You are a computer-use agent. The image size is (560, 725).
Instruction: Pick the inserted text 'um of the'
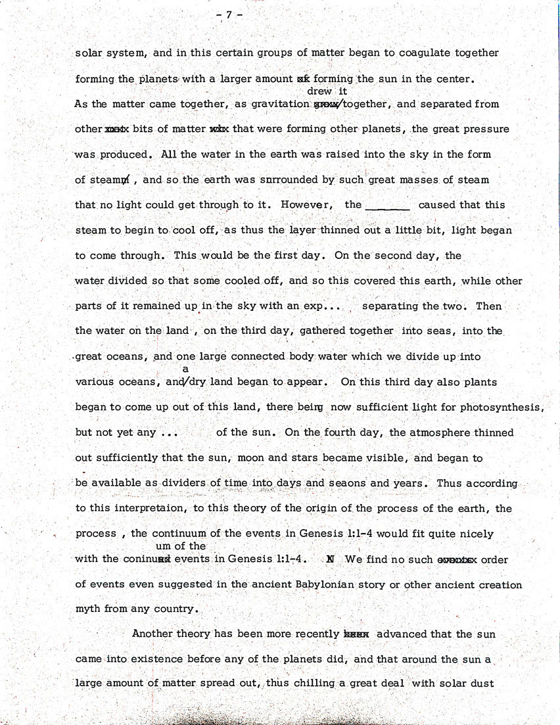[x=180, y=546]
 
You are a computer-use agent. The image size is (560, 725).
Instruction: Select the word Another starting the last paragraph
[x=156, y=634]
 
